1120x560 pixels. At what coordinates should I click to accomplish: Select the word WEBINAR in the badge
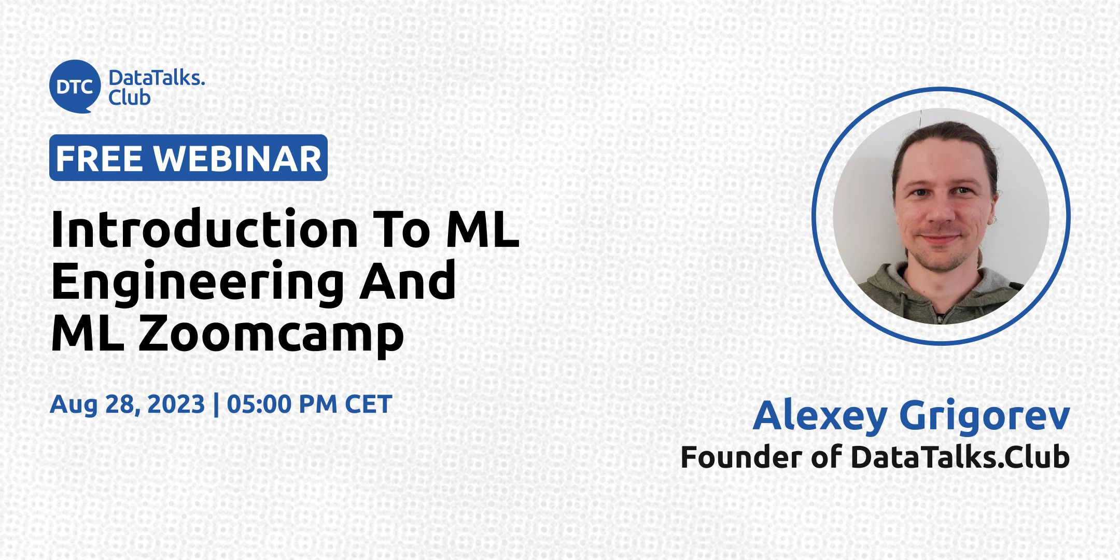(238, 159)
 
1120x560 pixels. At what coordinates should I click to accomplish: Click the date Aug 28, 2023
(128, 404)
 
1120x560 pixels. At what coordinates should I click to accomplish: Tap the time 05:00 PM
(283, 404)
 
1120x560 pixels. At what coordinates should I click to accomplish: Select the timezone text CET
(369, 404)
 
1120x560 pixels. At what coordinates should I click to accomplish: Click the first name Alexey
(820, 416)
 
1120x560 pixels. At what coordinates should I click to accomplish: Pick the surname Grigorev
(985, 416)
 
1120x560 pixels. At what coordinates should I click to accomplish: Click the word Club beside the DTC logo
(130, 97)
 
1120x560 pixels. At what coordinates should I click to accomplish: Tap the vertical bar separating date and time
(216, 404)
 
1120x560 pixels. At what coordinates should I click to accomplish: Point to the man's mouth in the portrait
(939, 240)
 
